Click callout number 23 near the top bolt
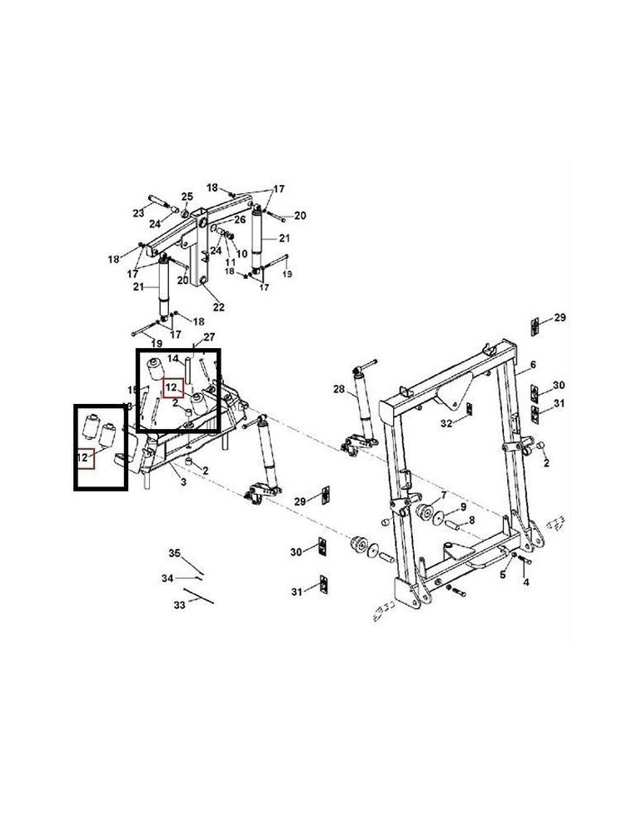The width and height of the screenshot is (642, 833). tap(138, 213)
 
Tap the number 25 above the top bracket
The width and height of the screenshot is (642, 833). tap(187, 196)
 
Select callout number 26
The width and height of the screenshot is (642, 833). tap(240, 220)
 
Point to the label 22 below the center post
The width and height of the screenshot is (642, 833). tap(219, 307)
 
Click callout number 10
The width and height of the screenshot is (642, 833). tap(242, 253)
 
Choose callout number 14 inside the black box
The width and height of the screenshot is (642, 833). tap(173, 358)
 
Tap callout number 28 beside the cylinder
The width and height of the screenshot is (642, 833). tap(338, 389)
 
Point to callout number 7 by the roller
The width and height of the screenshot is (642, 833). tap(444, 495)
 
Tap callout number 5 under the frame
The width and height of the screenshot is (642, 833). tap(503, 574)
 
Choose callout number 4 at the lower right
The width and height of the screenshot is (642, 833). tap(525, 582)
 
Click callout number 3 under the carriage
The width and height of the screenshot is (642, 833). tap(182, 482)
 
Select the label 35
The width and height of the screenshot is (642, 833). tap(175, 554)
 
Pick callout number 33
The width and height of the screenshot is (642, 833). tap(179, 605)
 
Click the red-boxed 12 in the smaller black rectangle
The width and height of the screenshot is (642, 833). tap(83, 456)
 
